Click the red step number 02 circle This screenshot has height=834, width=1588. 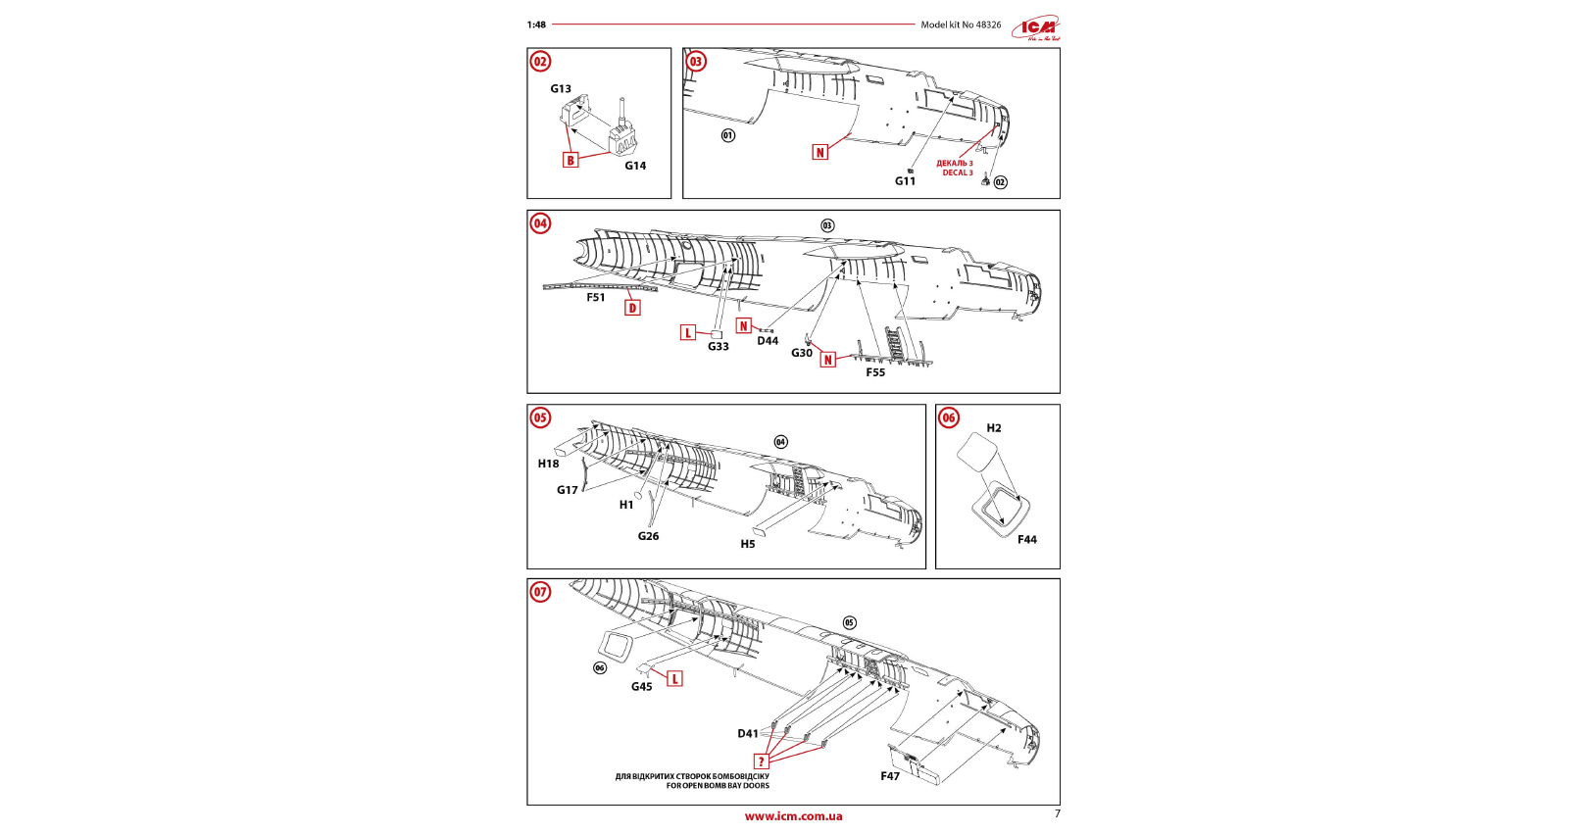pos(540,62)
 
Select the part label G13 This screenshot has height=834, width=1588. pos(561,89)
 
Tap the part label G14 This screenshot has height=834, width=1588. pos(635,166)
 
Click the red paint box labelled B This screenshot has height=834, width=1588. pos(571,160)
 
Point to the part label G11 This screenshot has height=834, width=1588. pos(905,181)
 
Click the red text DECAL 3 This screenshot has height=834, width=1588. pos(958,173)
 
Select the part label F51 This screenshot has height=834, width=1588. pos(596,298)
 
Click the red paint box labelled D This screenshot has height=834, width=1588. pos(632,308)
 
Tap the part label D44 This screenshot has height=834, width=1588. pos(768,341)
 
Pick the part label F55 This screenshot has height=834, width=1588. pos(875,372)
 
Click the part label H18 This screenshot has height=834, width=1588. pos(548,465)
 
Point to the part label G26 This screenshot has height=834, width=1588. pos(648,536)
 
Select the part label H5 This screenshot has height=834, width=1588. pos(748,544)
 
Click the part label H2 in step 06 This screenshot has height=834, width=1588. pos(994,428)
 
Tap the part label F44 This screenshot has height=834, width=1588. pos(1026,540)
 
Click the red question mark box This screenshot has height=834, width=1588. pos(761,761)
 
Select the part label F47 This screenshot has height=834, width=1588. pos(890,776)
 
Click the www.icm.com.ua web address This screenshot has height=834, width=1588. pos(793,816)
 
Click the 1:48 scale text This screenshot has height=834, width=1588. pos(536,25)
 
